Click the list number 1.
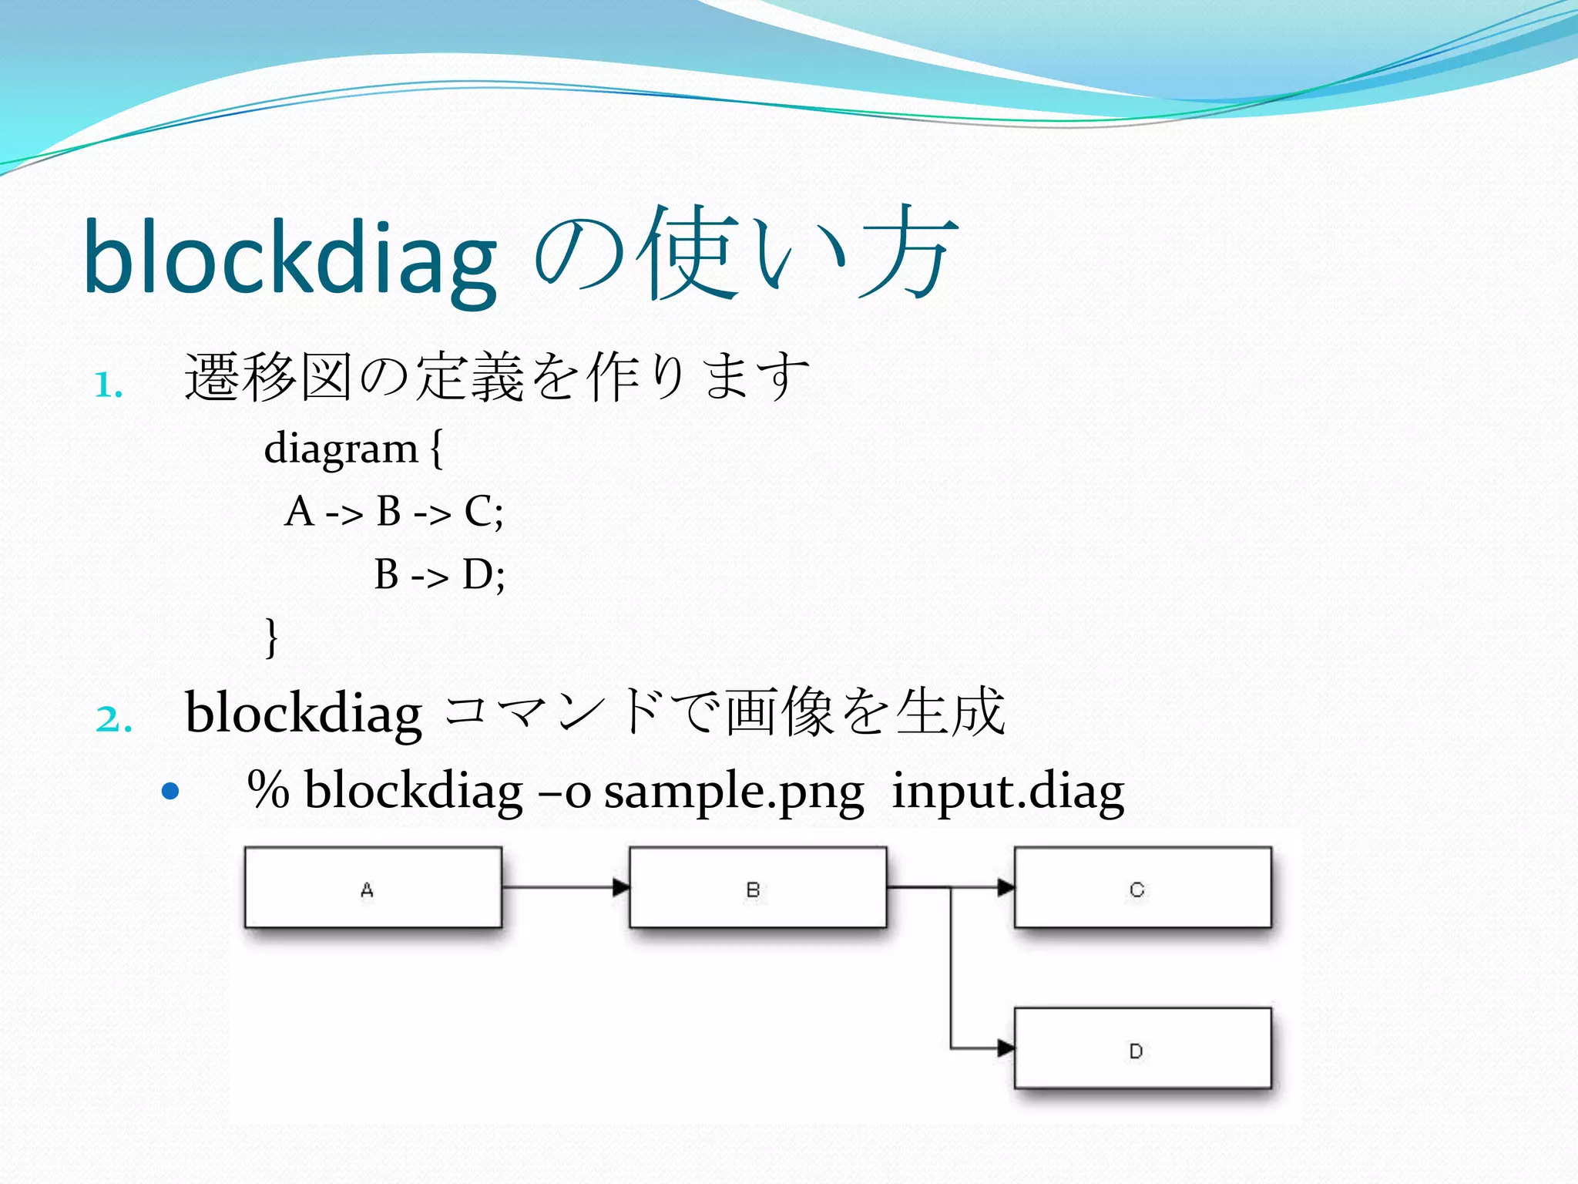click(x=108, y=385)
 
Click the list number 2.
click(x=113, y=719)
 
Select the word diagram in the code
click(x=341, y=449)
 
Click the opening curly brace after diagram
click(x=437, y=449)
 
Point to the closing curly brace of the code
click(x=271, y=637)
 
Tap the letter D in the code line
click(x=478, y=574)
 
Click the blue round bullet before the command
click(x=171, y=791)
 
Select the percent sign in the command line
click(x=268, y=790)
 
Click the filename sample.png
click(x=734, y=792)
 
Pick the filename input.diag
click(x=1008, y=792)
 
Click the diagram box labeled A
click(x=373, y=887)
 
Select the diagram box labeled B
click(x=757, y=887)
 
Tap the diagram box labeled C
click(x=1143, y=887)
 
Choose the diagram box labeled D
click(x=1143, y=1048)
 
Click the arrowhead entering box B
click(x=621, y=887)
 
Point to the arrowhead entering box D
click(x=1006, y=1048)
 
